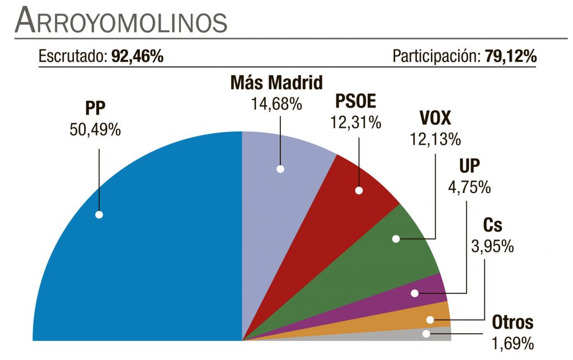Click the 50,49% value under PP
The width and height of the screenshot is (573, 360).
click(95, 129)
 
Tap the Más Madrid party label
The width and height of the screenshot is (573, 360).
click(277, 83)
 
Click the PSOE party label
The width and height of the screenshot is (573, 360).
click(356, 101)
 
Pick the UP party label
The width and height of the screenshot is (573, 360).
click(469, 166)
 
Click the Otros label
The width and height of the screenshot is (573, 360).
click(513, 322)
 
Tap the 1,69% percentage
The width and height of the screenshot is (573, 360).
click(513, 342)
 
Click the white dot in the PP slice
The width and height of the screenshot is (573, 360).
click(99, 214)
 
